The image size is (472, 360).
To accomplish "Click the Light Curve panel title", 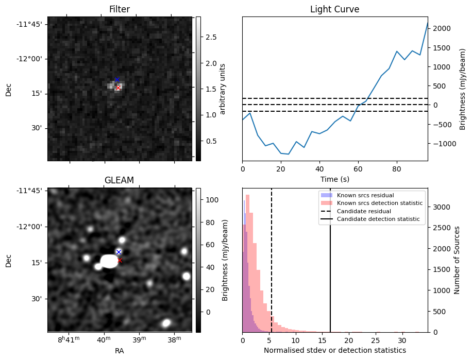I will [334, 9].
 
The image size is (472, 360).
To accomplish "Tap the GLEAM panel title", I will [120, 180].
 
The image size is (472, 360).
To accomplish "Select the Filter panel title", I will [120, 9].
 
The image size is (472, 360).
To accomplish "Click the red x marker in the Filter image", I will [118, 88].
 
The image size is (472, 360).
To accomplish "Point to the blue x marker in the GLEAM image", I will [119, 252].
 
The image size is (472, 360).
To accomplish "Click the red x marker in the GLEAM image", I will [120, 261].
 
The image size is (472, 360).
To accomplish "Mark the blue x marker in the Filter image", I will [117, 79].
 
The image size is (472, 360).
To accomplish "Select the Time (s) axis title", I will [334, 179].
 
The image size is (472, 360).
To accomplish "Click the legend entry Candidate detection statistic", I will [378, 220].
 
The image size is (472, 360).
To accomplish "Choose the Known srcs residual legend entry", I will [365, 196].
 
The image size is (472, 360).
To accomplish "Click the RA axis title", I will [120, 351].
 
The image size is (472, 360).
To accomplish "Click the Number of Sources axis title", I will [456, 260].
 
